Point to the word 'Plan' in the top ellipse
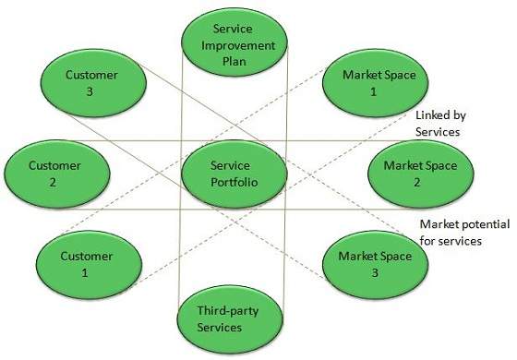click(x=233, y=62)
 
